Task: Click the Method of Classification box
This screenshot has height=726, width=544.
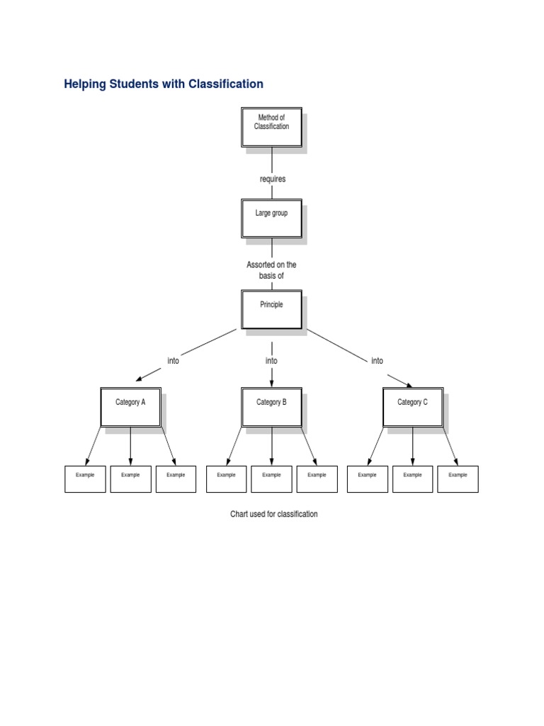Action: (271, 128)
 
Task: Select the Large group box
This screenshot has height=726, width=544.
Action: (271, 218)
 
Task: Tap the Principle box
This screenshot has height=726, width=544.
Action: (271, 309)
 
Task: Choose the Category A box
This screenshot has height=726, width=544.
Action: (130, 407)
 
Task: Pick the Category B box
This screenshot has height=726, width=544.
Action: (271, 407)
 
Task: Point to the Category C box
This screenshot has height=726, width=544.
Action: (412, 407)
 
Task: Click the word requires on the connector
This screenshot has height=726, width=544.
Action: (273, 179)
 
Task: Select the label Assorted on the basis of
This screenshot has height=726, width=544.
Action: (271, 270)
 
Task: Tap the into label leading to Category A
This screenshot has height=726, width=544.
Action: (173, 361)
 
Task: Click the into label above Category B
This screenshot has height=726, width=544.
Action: (271, 361)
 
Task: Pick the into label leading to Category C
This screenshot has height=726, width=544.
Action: (377, 361)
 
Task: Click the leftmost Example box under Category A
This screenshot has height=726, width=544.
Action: (85, 479)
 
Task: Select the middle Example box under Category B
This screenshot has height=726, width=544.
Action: (271, 479)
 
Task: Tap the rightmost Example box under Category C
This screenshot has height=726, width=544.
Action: (458, 479)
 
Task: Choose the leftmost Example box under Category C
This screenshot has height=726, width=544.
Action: (368, 479)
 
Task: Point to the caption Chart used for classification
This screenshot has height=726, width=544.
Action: (273, 514)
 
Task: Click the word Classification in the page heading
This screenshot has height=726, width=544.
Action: (225, 84)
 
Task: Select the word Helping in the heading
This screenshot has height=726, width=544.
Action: (84, 84)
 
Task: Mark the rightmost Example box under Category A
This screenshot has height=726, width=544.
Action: (176, 479)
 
